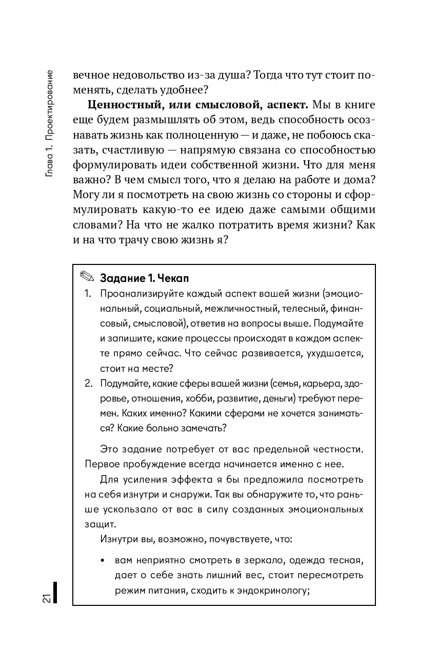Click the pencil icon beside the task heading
(x=87, y=278)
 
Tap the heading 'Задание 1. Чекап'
(x=145, y=278)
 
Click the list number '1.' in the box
(x=88, y=294)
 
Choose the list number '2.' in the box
(x=88, y=384)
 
